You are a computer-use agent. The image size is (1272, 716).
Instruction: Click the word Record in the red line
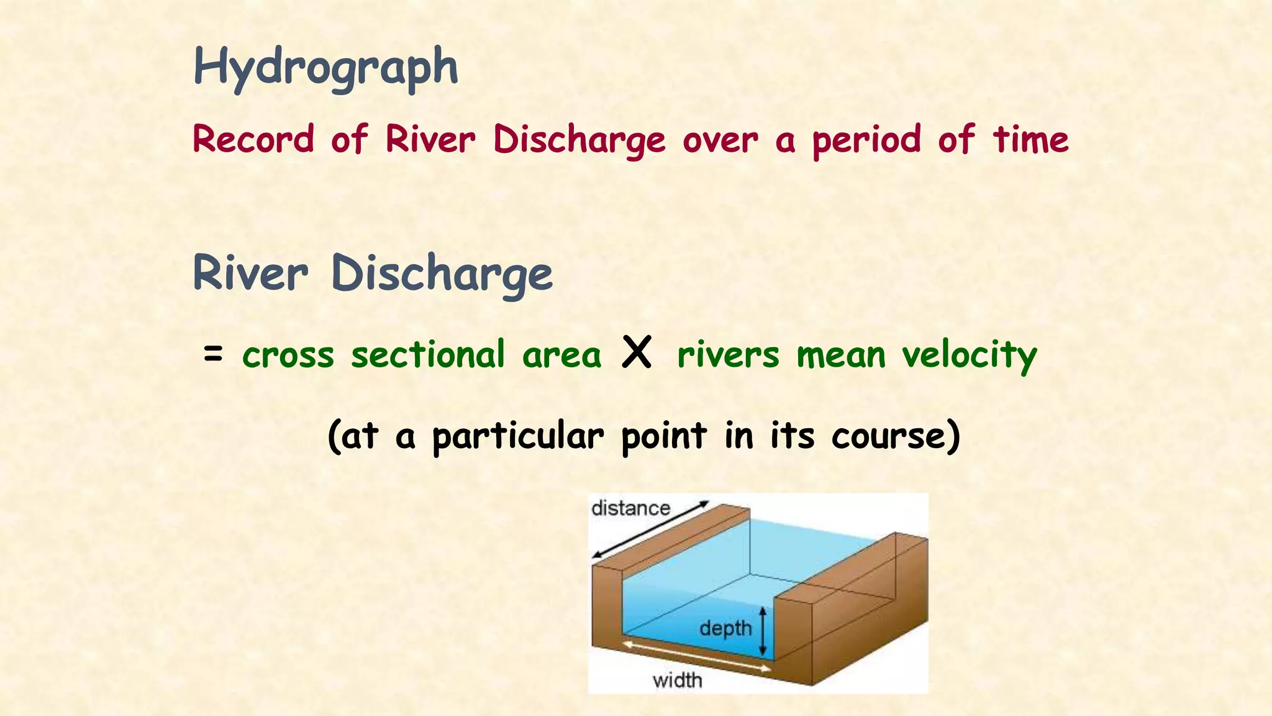click(253, 139)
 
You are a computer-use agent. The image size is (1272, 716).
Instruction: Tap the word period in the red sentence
click(866, 140)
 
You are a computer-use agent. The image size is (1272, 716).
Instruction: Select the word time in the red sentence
click(1030, 139)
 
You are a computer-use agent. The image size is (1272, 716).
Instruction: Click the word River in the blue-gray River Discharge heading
click(250, 273)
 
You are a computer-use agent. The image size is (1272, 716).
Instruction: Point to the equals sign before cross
click(212, 354)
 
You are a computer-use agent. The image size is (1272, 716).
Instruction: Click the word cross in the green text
click(288, 356)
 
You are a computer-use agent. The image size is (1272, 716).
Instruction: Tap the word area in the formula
click(561, 356)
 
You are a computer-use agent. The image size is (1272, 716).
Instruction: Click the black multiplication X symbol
click(637, 352)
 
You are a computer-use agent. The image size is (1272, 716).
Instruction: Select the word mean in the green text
click(841, 356)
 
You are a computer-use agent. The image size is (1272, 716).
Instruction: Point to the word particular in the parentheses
click(517, 436)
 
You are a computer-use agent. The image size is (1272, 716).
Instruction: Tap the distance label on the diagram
click(630, 508)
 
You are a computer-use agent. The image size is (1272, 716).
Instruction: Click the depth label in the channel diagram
click(725, 628)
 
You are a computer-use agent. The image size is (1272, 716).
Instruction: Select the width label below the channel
click(677, 681)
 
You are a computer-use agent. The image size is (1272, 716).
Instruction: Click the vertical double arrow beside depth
click(764, 631)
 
